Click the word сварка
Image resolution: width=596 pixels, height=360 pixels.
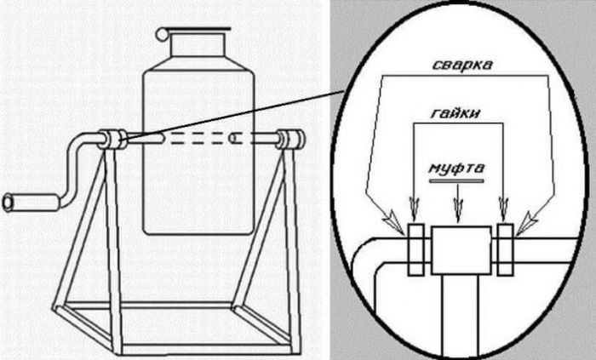pyautogui.click(x=461, y=65)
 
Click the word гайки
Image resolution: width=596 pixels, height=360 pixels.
pyautogui.click(x=458, y=115)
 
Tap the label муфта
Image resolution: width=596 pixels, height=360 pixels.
pyautogui.click(x=458, y=168)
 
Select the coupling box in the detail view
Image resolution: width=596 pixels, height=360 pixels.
pyautogui.click(x=461, y=249)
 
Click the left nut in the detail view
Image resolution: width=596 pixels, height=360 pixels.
pyautogui.click(x=416, y=249)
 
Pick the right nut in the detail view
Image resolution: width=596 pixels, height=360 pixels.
pyautogui.click(x=505, y=249)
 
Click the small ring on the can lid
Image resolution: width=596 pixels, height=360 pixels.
pyautogui.click(x=163, y=34)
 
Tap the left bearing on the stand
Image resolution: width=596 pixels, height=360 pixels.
pyautogui.click(x=112, y=139)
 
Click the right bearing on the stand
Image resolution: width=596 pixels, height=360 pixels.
pyautogui.click(x=290, y=139)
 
